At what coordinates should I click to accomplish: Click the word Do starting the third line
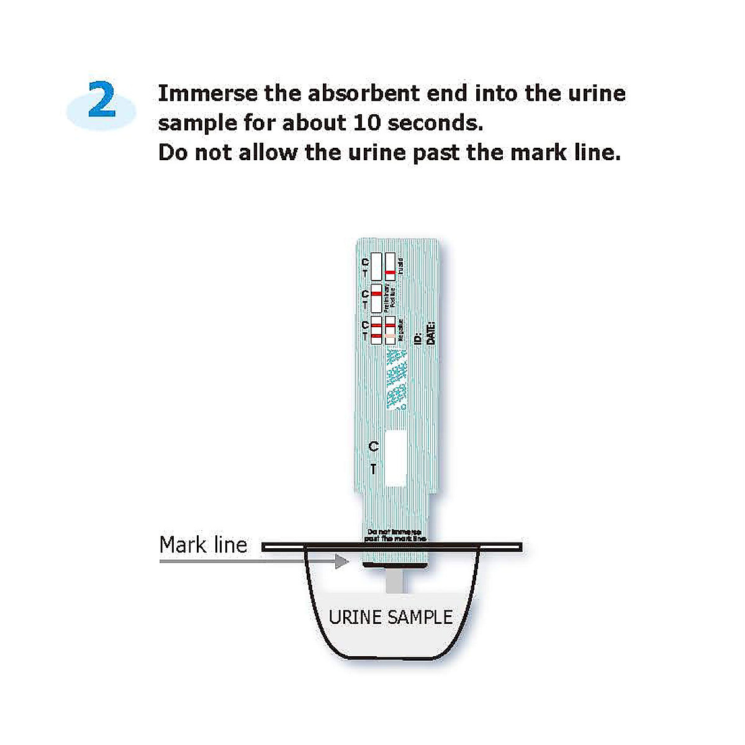[173, 153]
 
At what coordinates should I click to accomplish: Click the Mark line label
[203, 545]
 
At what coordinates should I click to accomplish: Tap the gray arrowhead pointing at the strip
[341, 561]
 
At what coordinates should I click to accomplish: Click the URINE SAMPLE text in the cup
[391, 617]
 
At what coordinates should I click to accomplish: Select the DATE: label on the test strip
[430, 333]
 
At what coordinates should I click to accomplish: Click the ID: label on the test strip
[418, 338]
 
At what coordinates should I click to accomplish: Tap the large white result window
[395, 458]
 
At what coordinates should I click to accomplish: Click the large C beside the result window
[373, 446]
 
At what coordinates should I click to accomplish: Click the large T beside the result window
[373, 469]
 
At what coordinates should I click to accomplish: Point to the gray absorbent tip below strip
[395, 582]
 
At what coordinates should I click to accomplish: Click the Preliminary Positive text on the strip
[390, 298]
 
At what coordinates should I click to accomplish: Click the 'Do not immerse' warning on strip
[395, 535]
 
